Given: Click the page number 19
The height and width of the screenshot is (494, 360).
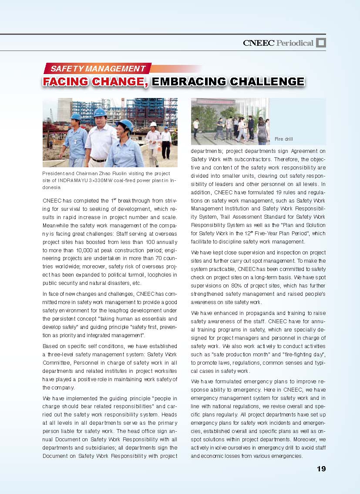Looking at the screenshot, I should coord(321,469).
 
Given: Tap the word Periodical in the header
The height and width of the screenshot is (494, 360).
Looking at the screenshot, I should coord(295,43).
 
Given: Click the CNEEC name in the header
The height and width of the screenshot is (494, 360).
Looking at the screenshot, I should coord(259,43).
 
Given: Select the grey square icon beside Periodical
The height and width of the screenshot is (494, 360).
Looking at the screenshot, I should coord(321,42).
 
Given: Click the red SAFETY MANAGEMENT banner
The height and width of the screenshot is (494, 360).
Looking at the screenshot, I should coord(98,68).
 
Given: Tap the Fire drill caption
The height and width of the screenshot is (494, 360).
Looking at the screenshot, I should coord(283,139).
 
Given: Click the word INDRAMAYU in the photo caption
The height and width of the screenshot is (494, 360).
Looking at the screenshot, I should coord(72,180).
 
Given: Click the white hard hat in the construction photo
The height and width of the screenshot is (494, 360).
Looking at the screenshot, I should coord(153,124).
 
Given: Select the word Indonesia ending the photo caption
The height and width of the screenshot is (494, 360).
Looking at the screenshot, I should coord(51,187).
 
